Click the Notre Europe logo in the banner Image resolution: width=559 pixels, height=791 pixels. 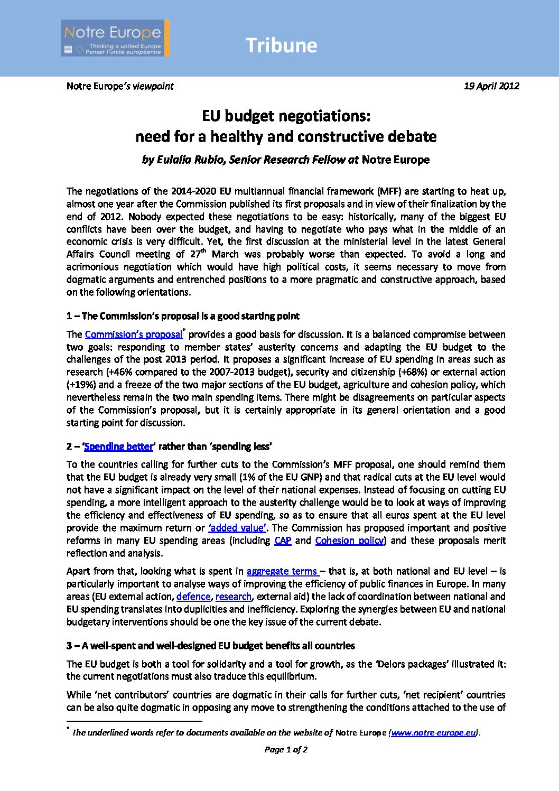115,38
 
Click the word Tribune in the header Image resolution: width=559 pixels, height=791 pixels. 281,45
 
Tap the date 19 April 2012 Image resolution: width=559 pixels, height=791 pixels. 491,86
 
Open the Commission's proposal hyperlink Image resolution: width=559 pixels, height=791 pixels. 133,334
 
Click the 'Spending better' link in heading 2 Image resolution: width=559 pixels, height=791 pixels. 118,446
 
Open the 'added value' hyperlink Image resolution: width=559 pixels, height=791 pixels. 237,528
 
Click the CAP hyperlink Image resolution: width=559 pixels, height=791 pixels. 283,541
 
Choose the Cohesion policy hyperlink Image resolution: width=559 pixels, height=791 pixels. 349,541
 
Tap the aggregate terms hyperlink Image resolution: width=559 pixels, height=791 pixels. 282,571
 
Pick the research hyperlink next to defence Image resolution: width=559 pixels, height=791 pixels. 233,597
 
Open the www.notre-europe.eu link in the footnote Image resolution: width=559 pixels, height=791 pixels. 433,733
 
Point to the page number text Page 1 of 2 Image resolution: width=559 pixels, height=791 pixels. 286,749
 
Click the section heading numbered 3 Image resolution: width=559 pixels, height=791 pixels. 210,646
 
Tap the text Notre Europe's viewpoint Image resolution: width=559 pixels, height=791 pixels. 120,86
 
